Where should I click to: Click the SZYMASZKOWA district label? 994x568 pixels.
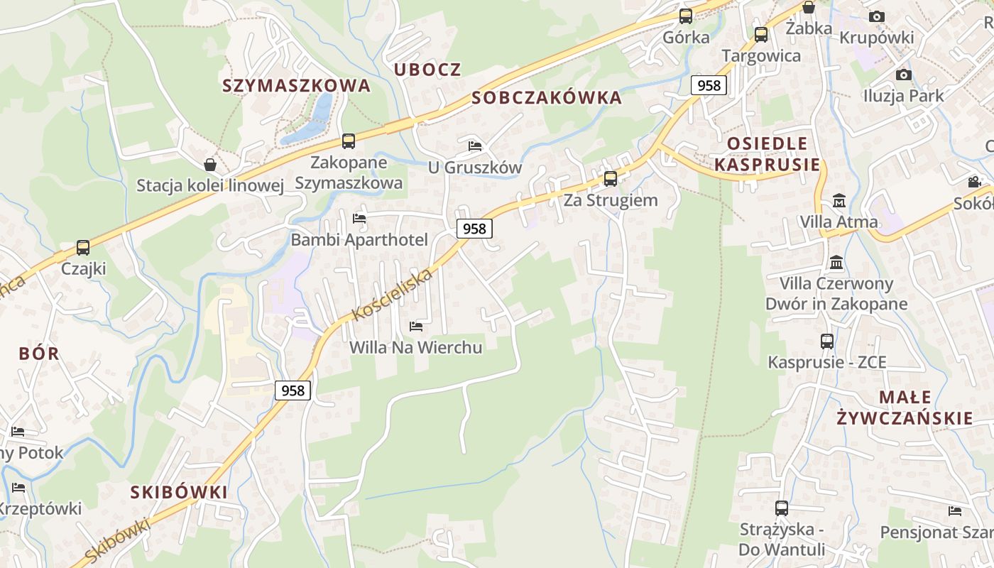tap(296, 85)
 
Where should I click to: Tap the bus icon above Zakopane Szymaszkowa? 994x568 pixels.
tap(348, 141)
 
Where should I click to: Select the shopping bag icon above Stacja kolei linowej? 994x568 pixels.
tap(210, 165)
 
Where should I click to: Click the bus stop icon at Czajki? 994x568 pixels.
tap(83, 248)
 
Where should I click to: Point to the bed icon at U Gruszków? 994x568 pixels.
tap(475, 146)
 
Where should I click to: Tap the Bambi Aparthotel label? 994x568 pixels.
tap(359, 240)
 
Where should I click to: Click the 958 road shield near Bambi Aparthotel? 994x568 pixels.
tap(474, 228)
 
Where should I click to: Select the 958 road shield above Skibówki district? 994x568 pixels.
tap(293, 390)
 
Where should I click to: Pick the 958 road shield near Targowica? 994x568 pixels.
tap(709, 85)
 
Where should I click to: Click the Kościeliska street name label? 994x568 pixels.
tap(393, 294)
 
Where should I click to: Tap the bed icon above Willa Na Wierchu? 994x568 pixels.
tap(416, 327)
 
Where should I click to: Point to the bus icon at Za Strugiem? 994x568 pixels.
tap(610, 178)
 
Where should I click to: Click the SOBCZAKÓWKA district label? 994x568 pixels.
tap(547, 97)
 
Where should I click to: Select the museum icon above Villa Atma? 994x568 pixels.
tap(839, 200)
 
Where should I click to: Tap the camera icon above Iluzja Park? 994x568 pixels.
tap(903, 75)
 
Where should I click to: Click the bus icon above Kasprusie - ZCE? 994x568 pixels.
tap(827, 341)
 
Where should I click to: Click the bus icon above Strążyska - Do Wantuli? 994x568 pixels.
tap(781, 508)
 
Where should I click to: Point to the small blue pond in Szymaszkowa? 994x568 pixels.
tap(312, 121)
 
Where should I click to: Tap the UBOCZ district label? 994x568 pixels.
tap(427, 70)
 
